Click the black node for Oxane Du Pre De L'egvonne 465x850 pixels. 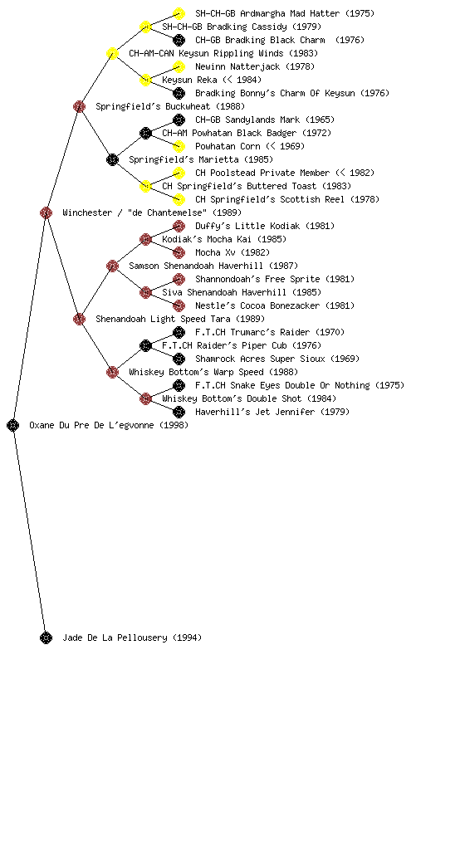tap(13, 425)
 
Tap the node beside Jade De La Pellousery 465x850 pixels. tap(46, 637)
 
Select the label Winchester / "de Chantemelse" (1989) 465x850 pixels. tap(152, 212)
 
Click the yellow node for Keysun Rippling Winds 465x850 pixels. tap(112, 53)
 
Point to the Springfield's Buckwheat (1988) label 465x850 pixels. tap(170, 106)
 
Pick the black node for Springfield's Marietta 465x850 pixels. tap(112, 159)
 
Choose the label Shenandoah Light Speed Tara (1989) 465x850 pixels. tap(180, 319)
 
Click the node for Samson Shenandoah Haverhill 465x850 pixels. tap(112, 266)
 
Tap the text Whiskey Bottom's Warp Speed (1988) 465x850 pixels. tap(213, 372)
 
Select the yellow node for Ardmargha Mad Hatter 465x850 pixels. tap(179, 13)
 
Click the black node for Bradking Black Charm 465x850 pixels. tap(179, 40)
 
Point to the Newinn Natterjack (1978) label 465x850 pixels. tap(255, 66)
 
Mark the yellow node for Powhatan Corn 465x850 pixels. tap(179, 146)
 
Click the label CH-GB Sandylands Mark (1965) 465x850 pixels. tap(265, 120)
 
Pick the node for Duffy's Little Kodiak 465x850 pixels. tap(179, 226)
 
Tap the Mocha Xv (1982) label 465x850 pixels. tap(232, 252)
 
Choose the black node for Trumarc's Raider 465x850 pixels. tap(179, 332)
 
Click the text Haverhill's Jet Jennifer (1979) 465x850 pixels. tap(272, 412)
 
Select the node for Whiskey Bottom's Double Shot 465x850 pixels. tap(145, 399)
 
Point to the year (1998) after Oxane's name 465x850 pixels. tap(174, 425)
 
